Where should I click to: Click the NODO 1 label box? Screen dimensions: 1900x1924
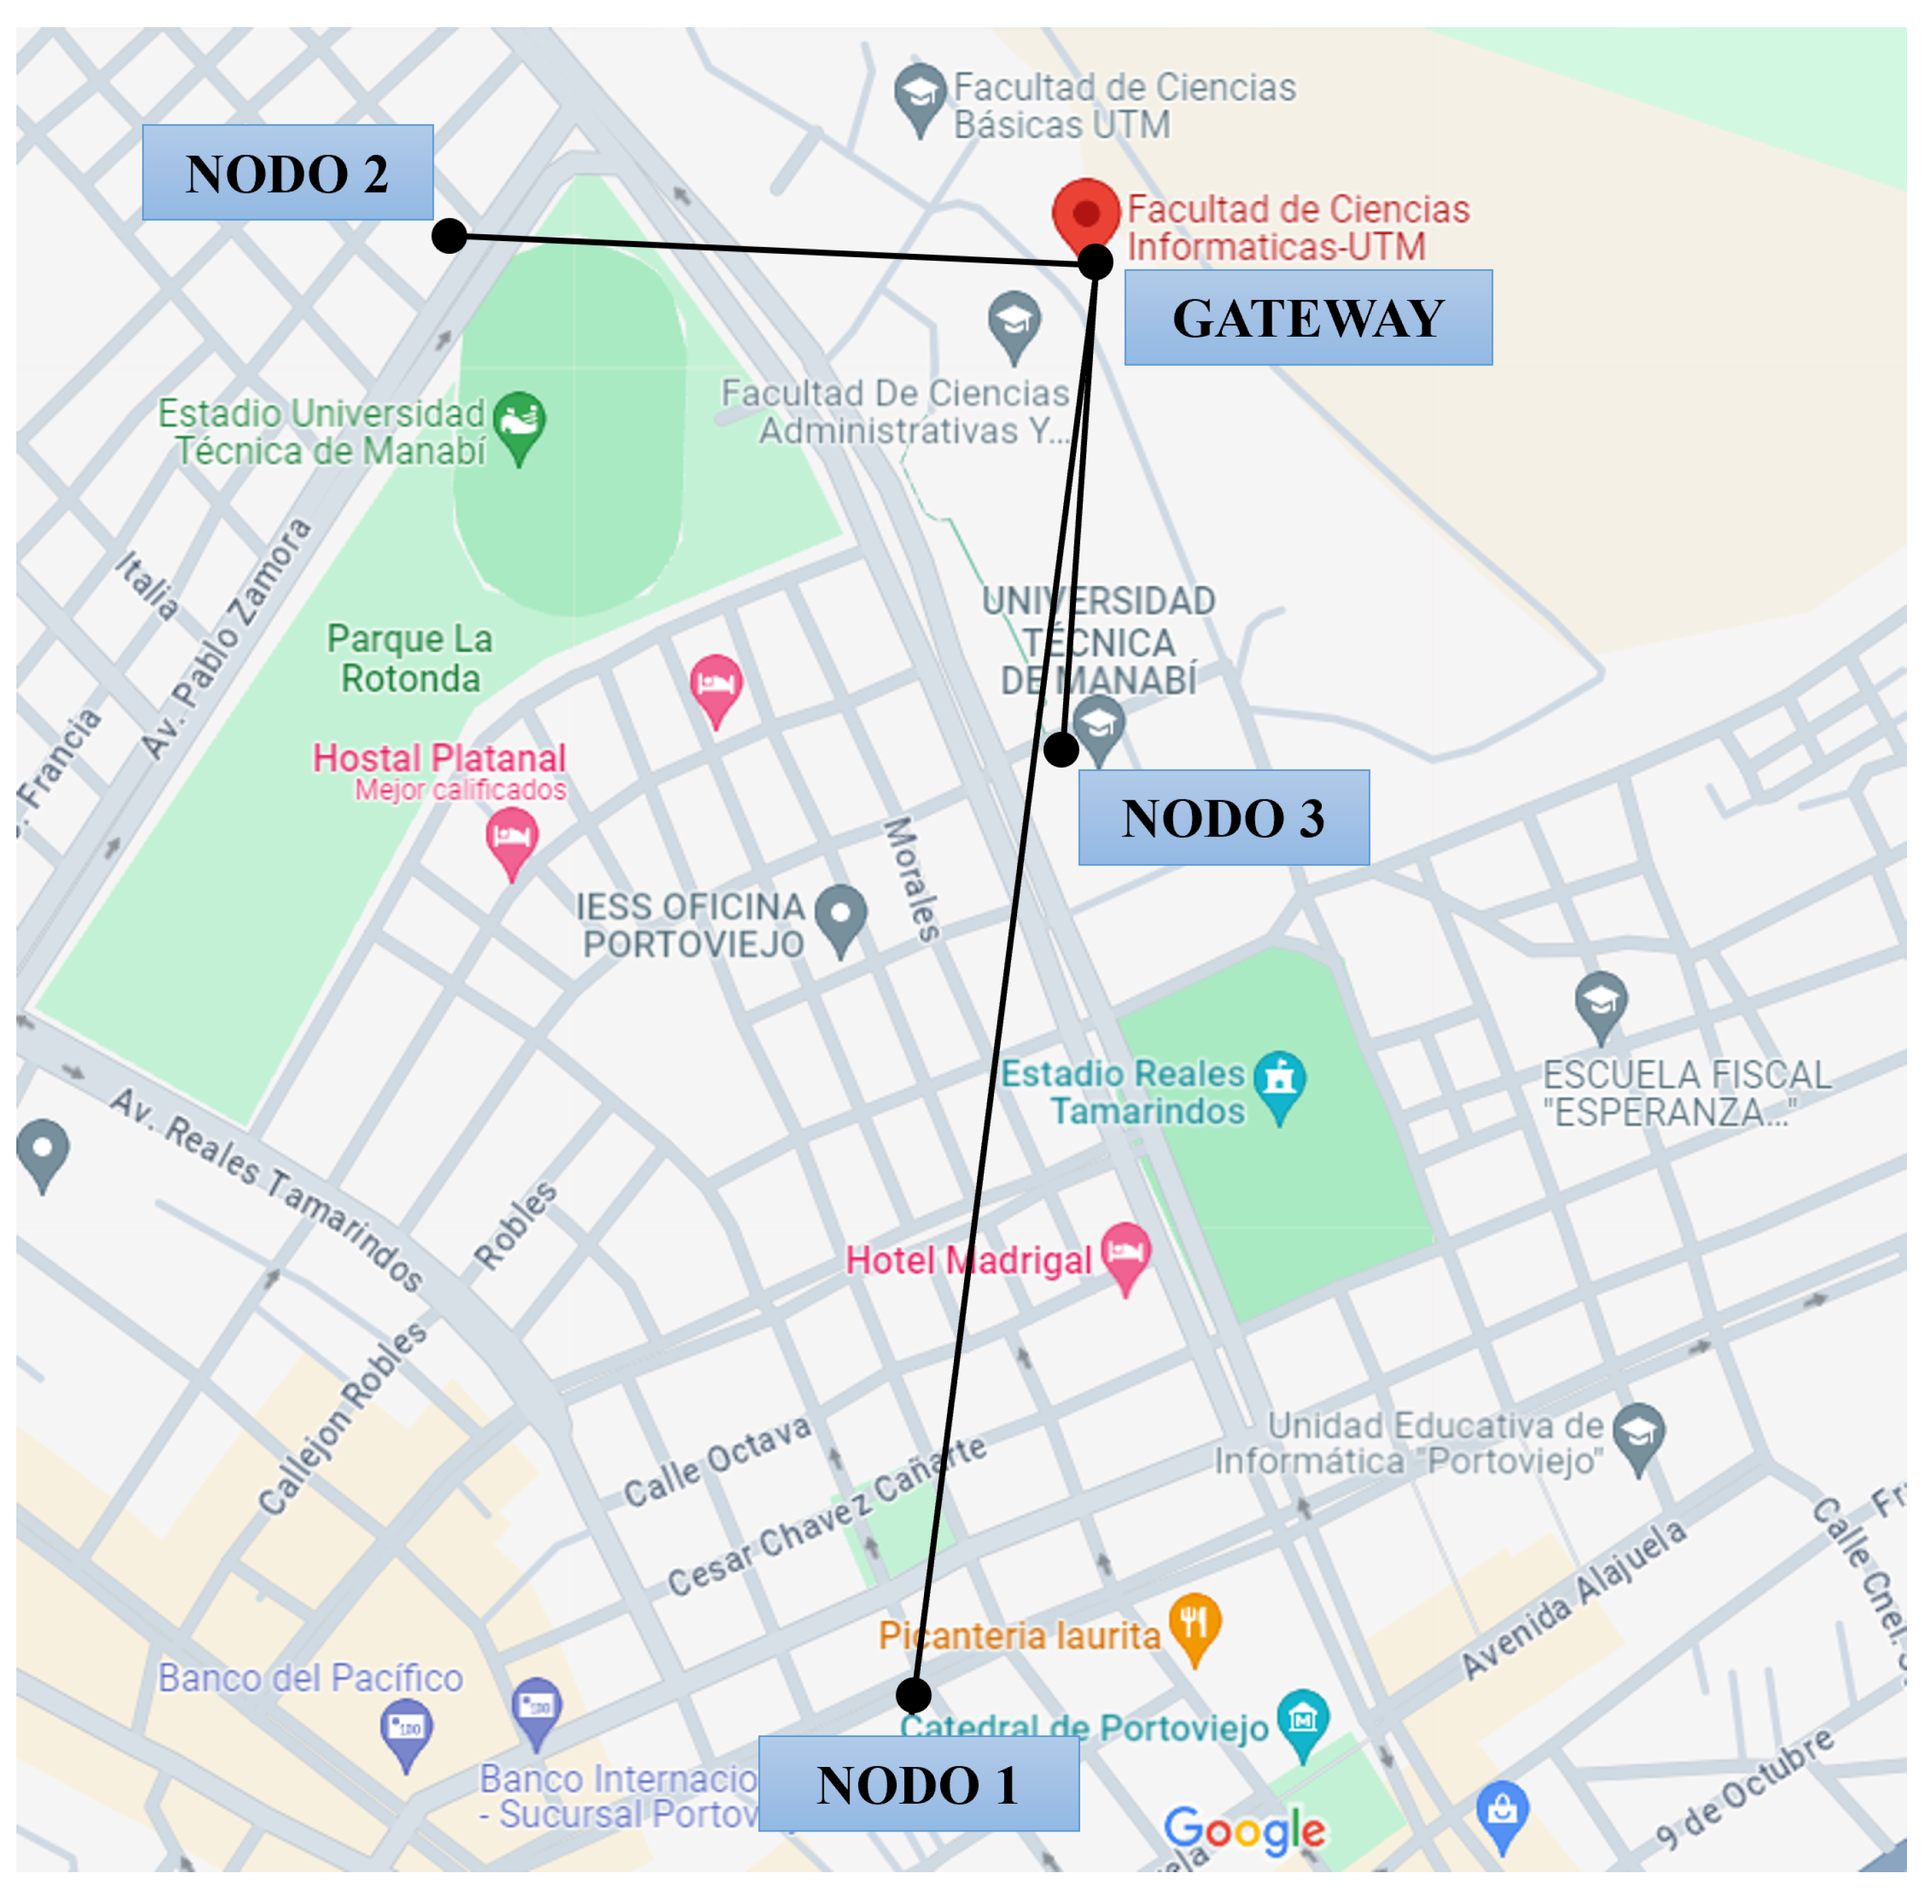[x=917, y=1783]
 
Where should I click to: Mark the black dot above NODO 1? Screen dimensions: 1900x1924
[x=913, y=1694]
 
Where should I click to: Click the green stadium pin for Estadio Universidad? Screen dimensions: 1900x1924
[x=519, y=423]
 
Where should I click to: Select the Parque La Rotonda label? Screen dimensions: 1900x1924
[x=409, y=658]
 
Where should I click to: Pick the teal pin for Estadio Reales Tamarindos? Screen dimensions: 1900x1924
[x=1280, y=1083]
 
